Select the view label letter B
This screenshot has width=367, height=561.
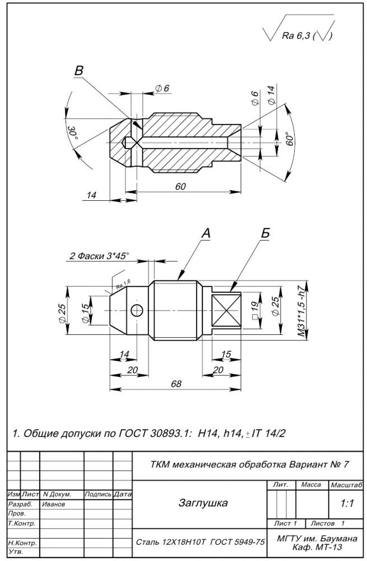79,71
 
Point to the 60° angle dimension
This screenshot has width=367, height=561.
290,139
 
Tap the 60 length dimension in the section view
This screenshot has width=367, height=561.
180,187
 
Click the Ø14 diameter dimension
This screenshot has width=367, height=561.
271,94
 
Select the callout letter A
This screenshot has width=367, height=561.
206,233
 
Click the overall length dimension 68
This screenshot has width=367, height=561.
176,383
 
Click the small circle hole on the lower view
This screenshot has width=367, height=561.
136,310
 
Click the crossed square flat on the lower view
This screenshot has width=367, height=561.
227,310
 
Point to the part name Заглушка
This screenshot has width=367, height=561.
203,503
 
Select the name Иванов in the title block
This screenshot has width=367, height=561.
54,504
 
